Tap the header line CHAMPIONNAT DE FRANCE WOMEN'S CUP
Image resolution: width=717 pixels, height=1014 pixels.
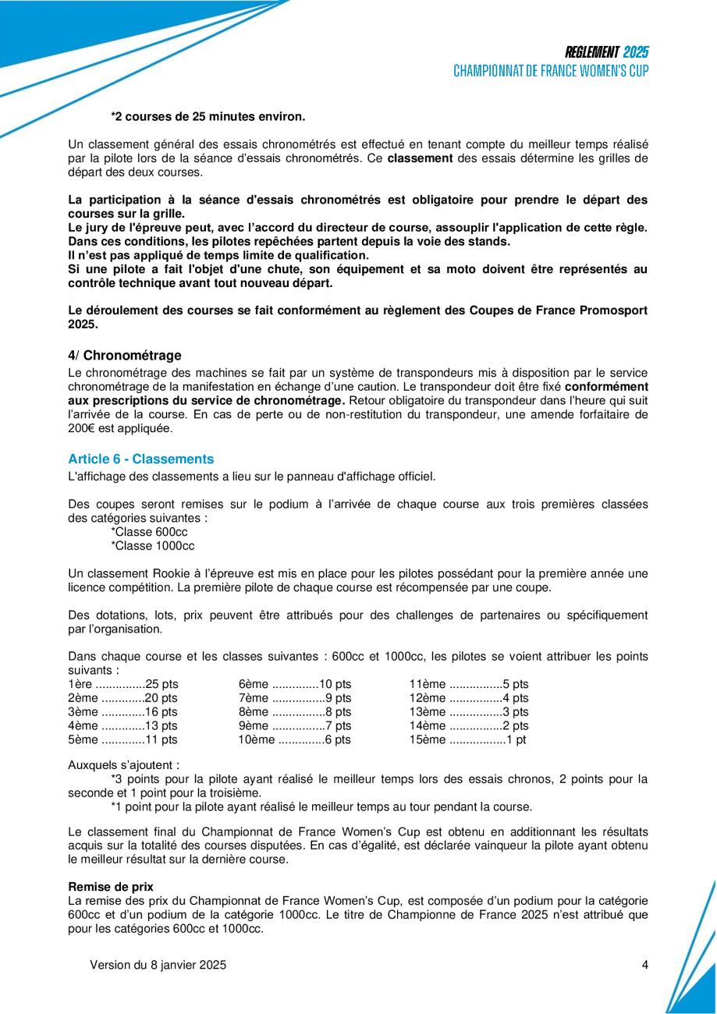pos(551,70)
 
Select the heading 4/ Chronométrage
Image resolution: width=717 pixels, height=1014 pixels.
pos(125,356)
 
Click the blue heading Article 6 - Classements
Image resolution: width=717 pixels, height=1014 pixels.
pos(140,459)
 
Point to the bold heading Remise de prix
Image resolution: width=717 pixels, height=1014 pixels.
pos(111,887)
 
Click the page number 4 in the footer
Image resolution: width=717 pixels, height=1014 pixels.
pos(645,965)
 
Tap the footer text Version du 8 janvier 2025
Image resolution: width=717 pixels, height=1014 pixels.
pos(158,965)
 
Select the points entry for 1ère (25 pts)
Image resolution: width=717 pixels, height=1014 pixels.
pos(123,684)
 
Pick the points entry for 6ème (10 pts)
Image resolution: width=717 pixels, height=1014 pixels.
pos(295,684)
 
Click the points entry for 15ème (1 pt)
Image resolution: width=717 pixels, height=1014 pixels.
pos(468,739)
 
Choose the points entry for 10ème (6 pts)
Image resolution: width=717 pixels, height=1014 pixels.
pos(295,739)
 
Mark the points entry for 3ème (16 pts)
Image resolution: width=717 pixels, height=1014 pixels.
pos(123,711)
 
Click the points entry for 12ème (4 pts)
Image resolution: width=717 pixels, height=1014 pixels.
pos(469,697)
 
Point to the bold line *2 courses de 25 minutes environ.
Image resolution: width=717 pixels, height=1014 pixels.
pos(208,117)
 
